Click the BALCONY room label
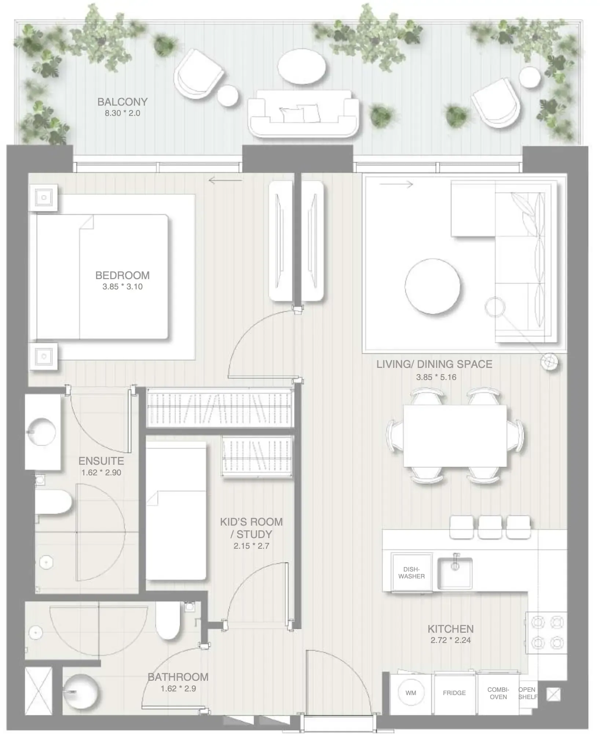(x=122, y=102)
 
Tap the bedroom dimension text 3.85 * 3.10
(x=122, y=287)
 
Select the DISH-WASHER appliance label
(x=411, y=573)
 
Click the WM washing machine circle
(x=411, y=693)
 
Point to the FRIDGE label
(x=454, y=693)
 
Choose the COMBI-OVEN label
(x=498, y=693)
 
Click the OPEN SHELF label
(x=527, y=693)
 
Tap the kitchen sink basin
(x=455, y=573)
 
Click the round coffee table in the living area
(x=433, y=287)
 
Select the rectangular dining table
(x=455, y=436)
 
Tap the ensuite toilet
(x=55, y=502)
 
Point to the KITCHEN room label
(x=450, y=629)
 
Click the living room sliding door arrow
(x=396, y=184)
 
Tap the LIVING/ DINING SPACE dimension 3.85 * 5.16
(x=436, y=377)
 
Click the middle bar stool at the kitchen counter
(x=490, y=527)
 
